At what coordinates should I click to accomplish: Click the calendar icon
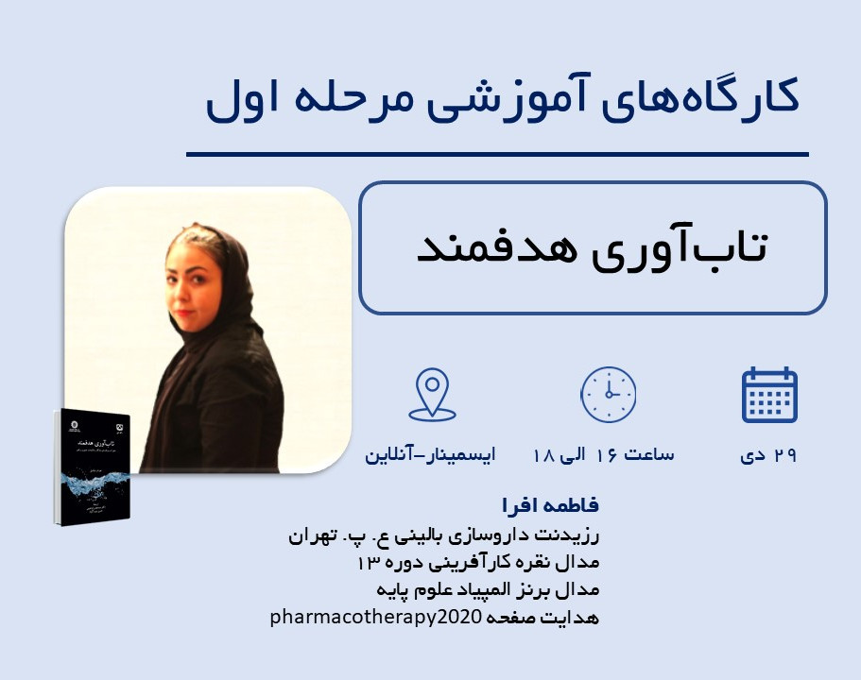pos(769,395)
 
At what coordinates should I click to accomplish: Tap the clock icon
pos(607,395)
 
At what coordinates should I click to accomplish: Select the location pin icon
pos(432,395)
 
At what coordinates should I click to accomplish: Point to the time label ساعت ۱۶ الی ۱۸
pos(604,455)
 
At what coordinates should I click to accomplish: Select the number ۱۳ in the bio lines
pos(369,563)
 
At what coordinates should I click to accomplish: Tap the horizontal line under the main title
pos(497,154)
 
